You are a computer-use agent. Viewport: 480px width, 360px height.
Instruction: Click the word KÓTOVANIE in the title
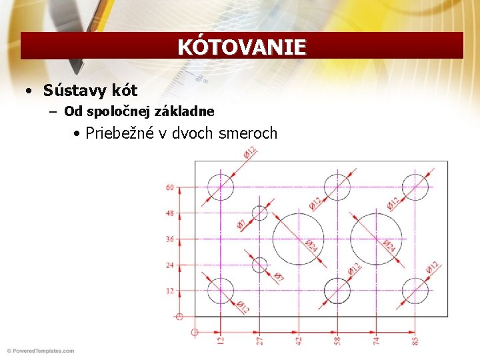[241, 47]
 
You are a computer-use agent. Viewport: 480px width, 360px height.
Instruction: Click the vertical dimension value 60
[169, 187]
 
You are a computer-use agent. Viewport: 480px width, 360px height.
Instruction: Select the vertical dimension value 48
[169, 213]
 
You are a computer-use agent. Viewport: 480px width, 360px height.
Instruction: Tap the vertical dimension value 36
[169, 239]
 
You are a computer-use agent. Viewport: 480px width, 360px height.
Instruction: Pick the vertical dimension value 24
[169, 265]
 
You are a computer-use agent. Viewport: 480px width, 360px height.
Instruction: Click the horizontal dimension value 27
[259, 341]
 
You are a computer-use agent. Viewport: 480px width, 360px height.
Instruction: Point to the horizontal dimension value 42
[299, 341]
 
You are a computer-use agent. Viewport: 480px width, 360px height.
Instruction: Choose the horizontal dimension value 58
[338, 341]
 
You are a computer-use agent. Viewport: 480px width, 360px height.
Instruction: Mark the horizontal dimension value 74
[377, 341]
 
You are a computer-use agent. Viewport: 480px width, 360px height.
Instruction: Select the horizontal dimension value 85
[416, 341]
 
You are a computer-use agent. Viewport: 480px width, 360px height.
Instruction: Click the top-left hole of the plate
[220, 187]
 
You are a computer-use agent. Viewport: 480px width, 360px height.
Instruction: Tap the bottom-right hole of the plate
[416, 291]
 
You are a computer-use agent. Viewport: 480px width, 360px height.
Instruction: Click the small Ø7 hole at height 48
[259, 213]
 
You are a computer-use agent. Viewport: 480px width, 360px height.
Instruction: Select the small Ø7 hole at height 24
[259, 265]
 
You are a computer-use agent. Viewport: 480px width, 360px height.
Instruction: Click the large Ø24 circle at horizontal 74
[377, 239]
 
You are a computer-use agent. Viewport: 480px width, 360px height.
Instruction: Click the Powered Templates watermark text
[40, 351]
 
